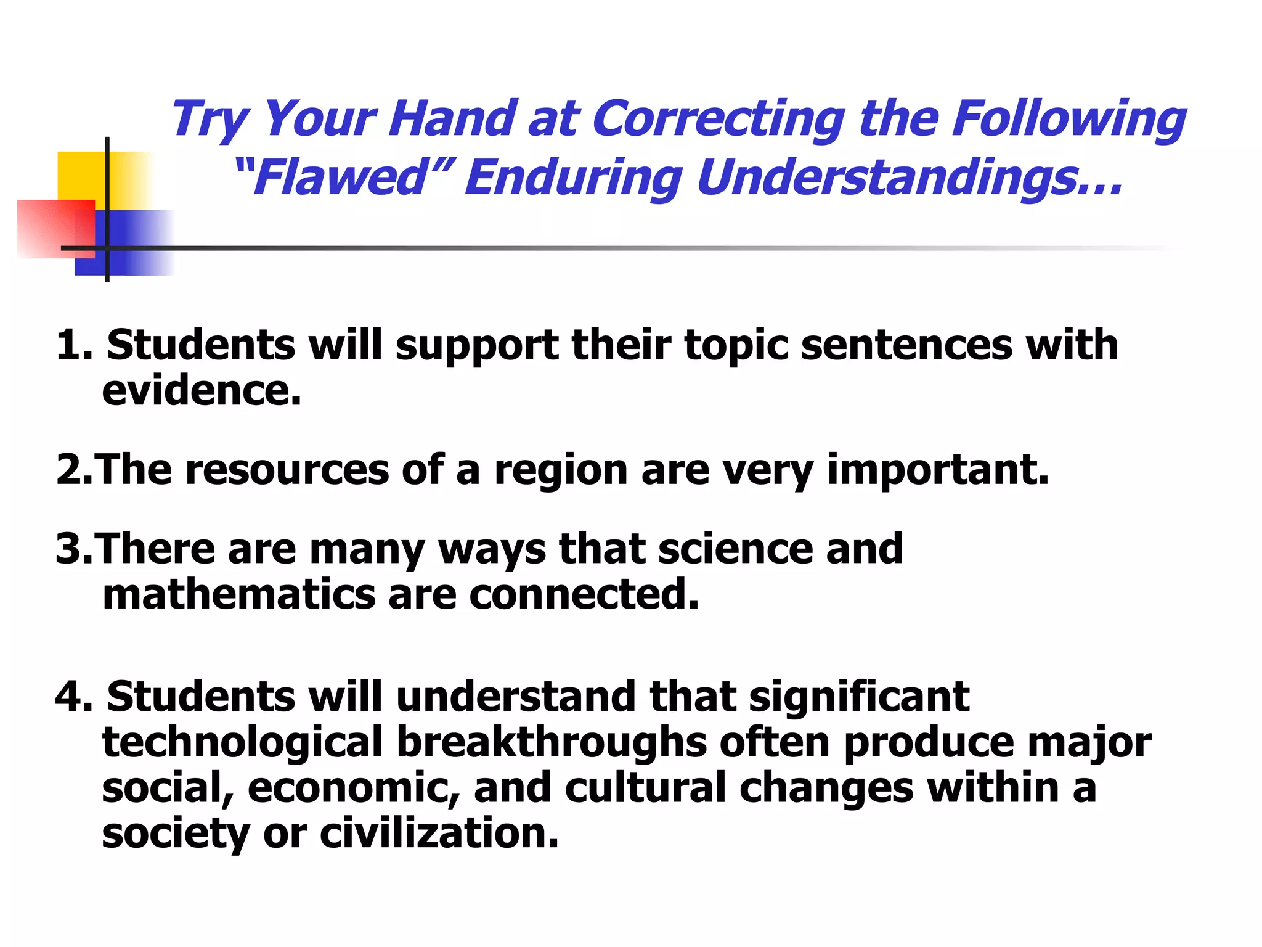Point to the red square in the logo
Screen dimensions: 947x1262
[x=55, y=228]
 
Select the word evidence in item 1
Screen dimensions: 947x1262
[x=201, y=391]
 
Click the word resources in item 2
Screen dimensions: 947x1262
[x=287, y=470]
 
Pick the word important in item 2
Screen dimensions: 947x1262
[x=937, y=470]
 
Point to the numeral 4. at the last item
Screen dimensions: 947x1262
[x=74, y=697]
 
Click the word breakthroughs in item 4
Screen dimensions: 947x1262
[x=552, y=742]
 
